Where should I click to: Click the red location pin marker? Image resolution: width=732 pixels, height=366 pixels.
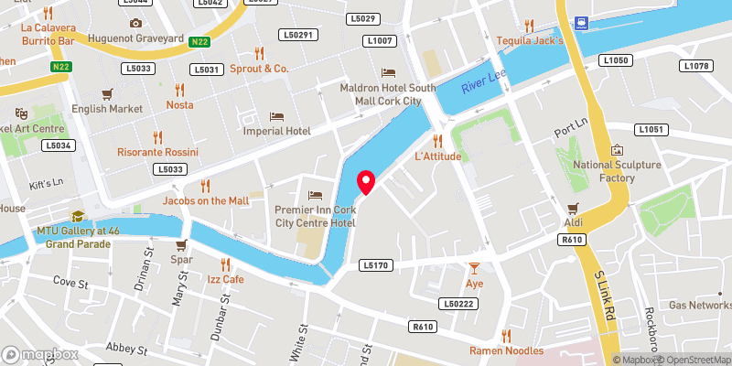click(366, 181)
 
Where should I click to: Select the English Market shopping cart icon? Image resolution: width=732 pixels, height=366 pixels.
click(107, 93)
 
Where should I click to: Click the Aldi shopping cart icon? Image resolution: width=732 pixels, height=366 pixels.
click(573, 208)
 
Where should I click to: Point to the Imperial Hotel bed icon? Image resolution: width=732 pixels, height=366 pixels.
click(276, 116)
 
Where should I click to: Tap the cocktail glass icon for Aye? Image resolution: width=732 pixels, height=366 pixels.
click(474, 268)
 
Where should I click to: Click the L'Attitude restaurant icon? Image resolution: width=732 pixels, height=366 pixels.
click(437, 140)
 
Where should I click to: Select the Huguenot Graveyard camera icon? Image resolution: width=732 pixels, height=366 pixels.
click(135, 23)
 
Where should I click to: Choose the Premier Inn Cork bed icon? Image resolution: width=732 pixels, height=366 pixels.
click(315, 195)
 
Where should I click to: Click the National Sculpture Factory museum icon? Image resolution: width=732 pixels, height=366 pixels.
click(617, 149)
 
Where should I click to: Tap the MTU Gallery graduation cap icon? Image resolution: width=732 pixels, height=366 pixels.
click(78, 216)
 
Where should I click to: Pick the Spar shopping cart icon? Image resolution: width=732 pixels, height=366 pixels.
click(181, 244)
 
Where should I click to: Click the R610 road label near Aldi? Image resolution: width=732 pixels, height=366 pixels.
click(573, 239)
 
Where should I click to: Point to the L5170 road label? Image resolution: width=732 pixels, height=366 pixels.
click(375, 265)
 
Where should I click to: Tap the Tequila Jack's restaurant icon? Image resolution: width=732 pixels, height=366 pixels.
click(529, 26)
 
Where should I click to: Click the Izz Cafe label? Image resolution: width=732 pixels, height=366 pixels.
click(225, 279)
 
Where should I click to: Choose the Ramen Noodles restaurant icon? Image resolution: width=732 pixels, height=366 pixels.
click(505, 336)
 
